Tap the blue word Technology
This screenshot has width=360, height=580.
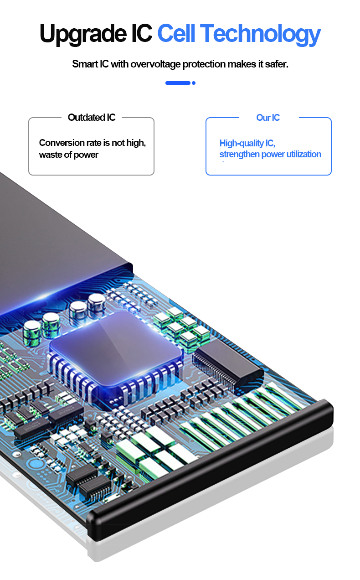coord(261,35)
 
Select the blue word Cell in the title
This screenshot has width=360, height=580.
coord(176,33)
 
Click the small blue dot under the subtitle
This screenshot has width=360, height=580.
coord(194,83)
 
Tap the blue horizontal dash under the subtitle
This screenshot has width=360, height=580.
coord(178,83)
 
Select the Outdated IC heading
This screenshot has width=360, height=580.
coord(92,117)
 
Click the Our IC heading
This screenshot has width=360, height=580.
coord(268,118)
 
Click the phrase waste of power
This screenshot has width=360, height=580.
coord(69,155)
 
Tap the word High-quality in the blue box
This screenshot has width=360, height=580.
coord(242,143)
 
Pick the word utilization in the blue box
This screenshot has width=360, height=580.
coord(304,154)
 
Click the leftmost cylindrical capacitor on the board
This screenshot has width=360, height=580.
coord(32,333)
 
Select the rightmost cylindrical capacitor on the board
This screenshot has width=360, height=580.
coord(97,306)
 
